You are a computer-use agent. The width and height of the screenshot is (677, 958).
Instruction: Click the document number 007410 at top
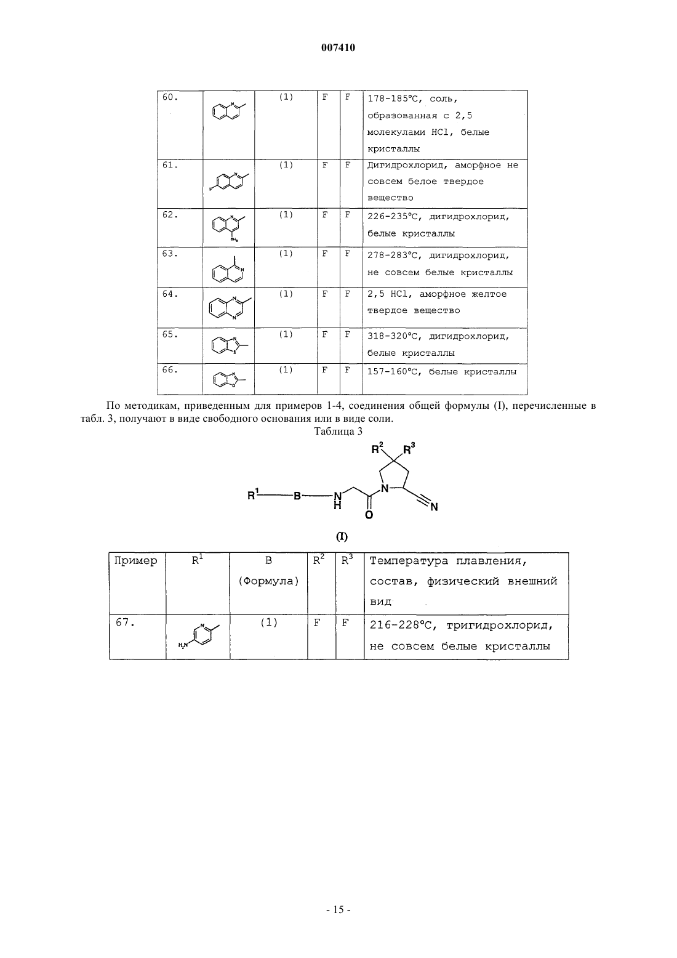coord(338,47)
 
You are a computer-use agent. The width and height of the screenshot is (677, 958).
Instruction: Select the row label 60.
coord(170,97)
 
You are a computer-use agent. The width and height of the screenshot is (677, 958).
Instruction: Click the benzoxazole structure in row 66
coord(229,379)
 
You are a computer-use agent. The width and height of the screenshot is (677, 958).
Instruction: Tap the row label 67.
coord(126,622)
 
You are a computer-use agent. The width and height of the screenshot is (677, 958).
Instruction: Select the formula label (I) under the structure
coord(342,537)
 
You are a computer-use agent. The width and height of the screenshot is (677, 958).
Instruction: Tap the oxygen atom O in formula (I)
coord(369,515)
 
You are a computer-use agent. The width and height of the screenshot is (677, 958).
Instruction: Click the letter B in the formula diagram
coord(297,496)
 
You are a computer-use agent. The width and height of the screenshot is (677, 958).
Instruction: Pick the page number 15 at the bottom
coord(338,910)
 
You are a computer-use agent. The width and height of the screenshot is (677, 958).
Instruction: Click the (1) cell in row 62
coord(286,215)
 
